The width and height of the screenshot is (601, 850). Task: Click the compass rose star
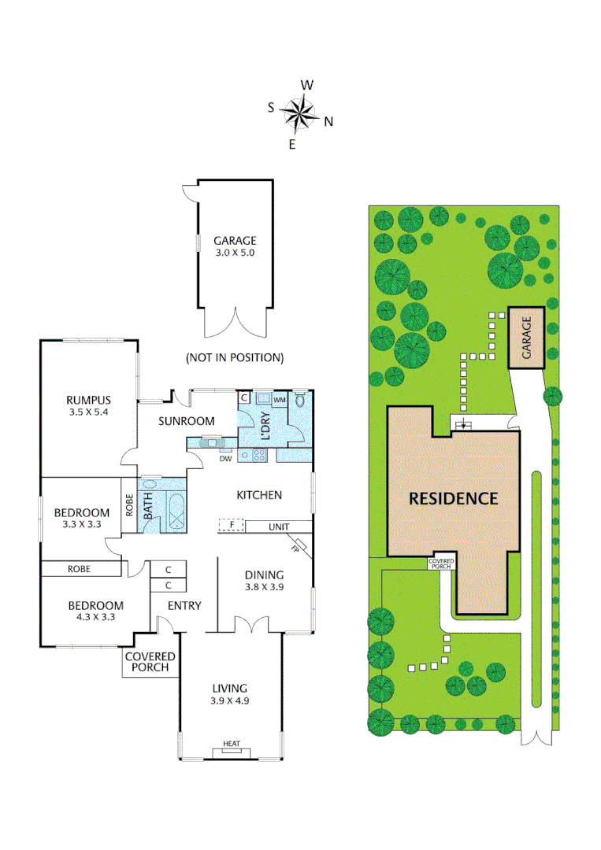click(299, 114)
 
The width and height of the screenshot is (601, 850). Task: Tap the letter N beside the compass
click(328, 122)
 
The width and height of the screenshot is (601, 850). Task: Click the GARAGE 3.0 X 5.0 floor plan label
click(235, 246)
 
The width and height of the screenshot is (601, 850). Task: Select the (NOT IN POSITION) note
click(235, 358)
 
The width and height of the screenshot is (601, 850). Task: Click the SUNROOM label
click(186, 421)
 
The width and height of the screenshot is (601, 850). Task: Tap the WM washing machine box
click(280, 400)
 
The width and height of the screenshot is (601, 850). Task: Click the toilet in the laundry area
click(300, 400)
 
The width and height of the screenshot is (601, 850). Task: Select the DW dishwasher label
click(225, 459)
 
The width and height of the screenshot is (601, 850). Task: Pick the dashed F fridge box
click(232, 525)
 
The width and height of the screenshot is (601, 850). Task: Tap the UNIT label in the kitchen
click(279, 527)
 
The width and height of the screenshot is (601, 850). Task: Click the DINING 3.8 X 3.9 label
click(264, 580)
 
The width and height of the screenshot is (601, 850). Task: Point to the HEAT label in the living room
click(232, 744)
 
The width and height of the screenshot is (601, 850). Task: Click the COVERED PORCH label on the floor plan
click(150, 662)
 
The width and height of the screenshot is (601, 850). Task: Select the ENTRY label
click(184, 605)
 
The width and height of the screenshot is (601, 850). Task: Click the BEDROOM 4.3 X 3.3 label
click(96, 611)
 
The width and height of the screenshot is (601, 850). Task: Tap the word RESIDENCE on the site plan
click(454, 499)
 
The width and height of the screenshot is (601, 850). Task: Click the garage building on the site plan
click(526, 338)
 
